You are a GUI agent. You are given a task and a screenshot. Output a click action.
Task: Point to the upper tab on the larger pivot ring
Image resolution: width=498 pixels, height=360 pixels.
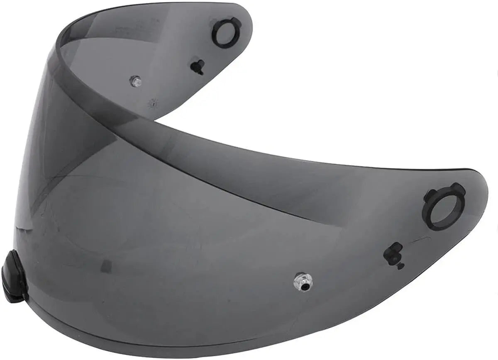[x=458, y=189]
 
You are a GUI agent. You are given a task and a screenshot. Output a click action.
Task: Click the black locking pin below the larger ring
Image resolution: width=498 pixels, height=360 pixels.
[x=393, y=253]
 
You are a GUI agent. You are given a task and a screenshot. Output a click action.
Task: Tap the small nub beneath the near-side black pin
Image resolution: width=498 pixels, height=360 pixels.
[x=400, y=266]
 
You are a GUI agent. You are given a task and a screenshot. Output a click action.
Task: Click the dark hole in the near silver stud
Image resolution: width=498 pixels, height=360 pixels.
[x=305, y=286]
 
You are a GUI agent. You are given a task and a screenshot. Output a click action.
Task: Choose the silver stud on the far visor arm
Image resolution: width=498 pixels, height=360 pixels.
[x=135, y=81]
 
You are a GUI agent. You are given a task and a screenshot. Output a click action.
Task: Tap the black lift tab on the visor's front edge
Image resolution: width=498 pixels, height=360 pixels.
[x=14, y=276]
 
